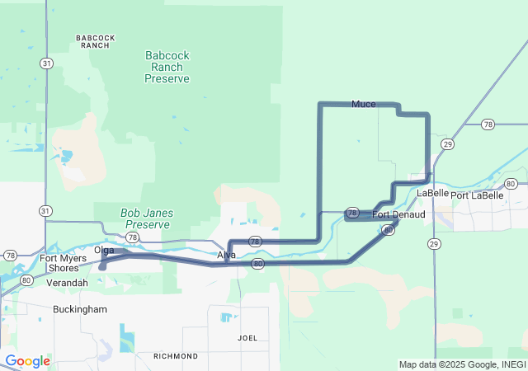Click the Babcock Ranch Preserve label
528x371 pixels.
click(167, 67)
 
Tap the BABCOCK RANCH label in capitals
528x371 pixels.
click(96, 41)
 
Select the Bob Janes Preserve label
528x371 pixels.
click(146, 218)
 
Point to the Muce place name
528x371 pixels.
click(363, 104)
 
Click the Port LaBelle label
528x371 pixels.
click(477, 195)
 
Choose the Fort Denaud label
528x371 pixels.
click(398, 214)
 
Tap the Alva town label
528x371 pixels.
click(226, 255)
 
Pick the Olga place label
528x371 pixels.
click(104, 250)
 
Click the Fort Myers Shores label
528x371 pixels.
click(64, 263)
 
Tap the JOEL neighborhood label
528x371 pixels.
click(247, 338)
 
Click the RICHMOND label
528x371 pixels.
click(175, 356)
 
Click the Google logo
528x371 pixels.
click(27, 361)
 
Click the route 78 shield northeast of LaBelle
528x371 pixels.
click(488, 124)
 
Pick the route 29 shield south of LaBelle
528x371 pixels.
click(434, 243)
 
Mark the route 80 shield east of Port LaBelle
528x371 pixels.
click(511, 184)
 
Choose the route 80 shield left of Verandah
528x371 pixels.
click(27, 280)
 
